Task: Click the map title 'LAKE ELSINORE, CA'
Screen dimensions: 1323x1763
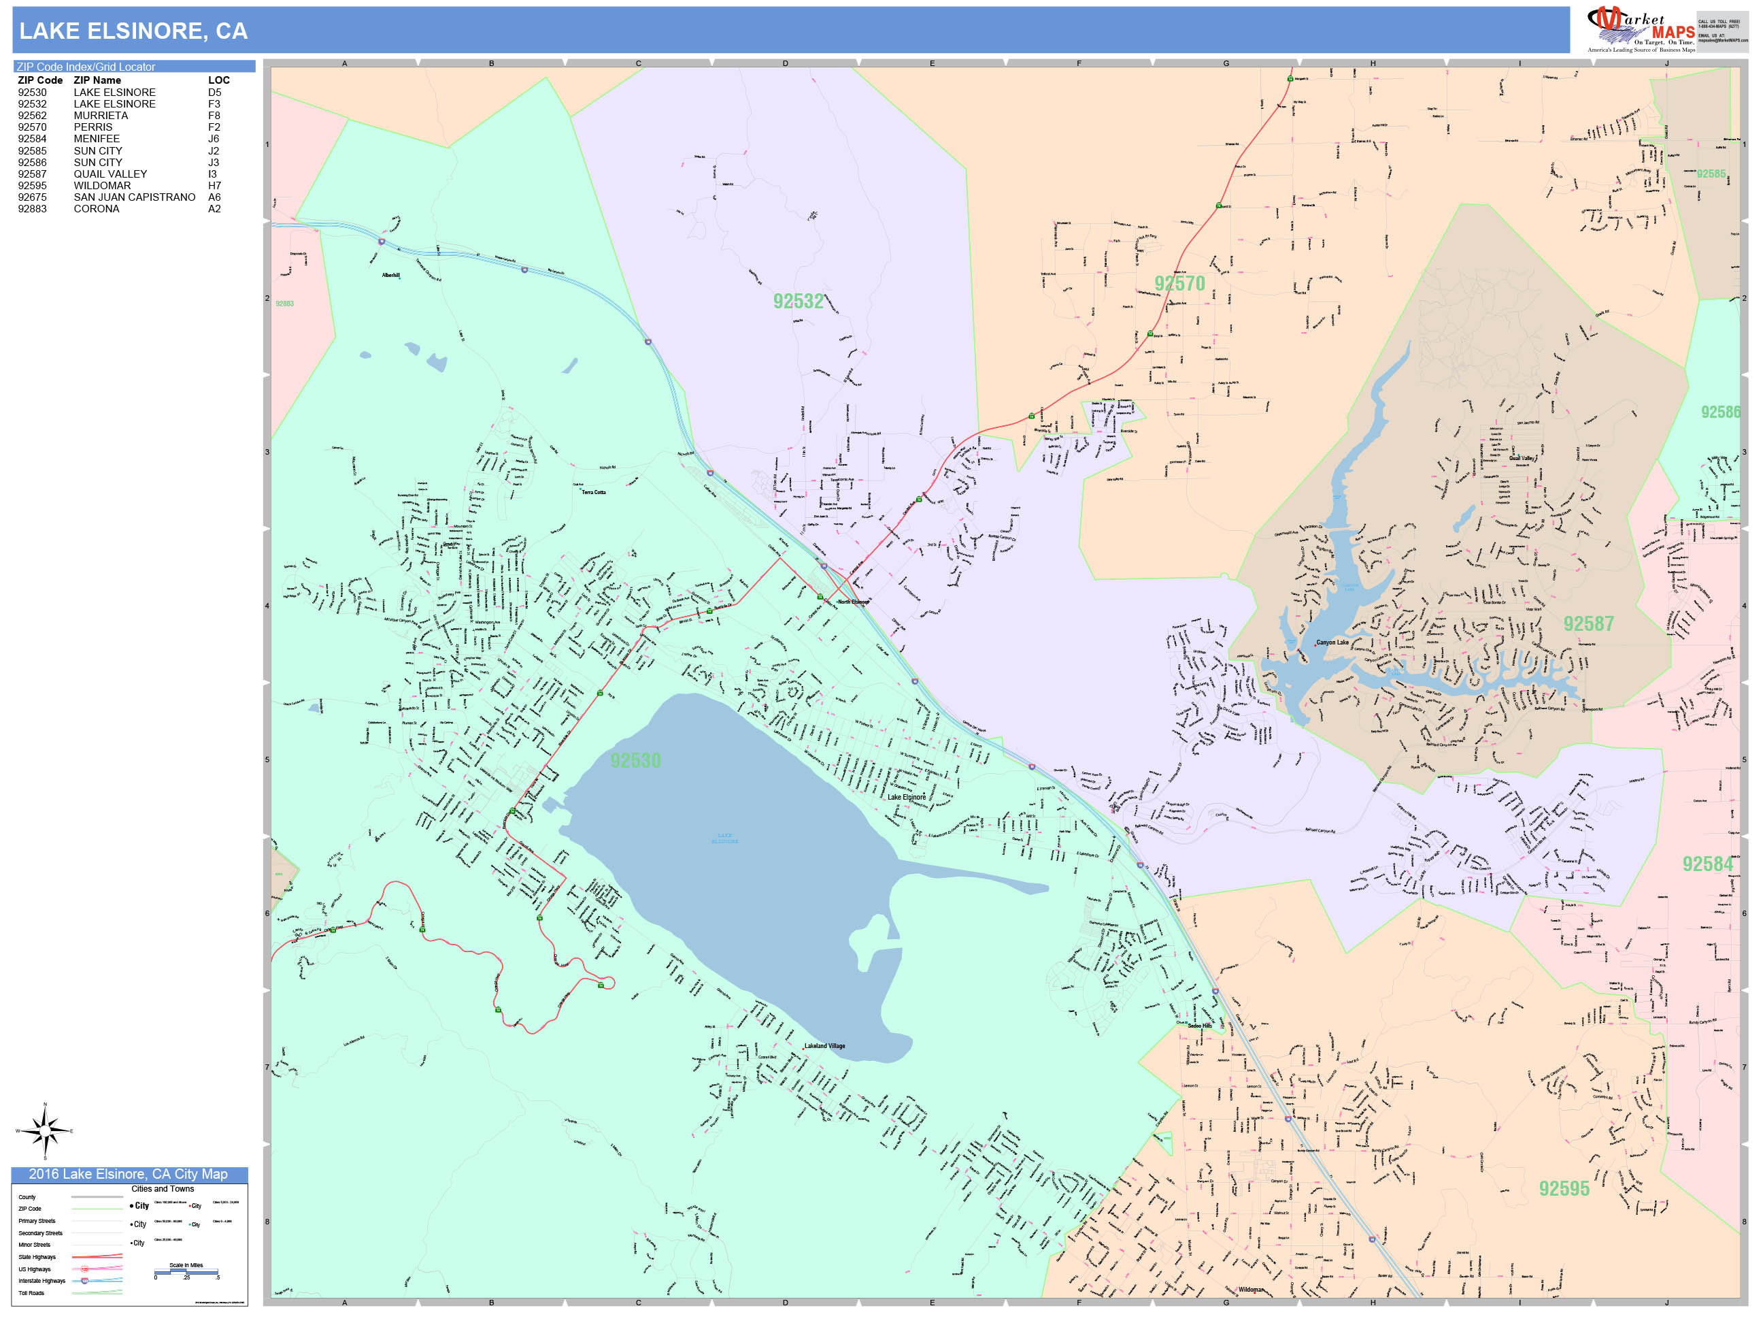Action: click(133, 31)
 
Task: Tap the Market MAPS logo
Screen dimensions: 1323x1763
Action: click(1641, 29)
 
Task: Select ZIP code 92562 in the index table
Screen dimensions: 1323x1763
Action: click(32, 116)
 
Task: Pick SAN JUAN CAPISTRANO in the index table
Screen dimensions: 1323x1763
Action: click(134, 197)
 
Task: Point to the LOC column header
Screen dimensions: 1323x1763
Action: click(218, 80)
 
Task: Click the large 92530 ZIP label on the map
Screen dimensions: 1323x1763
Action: click(635, 761)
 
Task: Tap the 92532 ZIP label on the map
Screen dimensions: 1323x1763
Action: click(798, 301)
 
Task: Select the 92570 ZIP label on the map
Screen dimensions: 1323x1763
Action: click(1179, 284)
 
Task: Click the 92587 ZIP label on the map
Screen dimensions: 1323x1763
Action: click(1588, 623)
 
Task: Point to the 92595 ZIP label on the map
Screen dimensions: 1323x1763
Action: click(1564, 1189)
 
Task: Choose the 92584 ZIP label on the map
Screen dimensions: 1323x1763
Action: click(1707, 864)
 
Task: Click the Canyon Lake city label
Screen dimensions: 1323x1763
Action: click(1332, 642)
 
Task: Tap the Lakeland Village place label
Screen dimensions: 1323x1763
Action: click(824, 1046)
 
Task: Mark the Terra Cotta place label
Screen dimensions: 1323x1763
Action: click(594, 492)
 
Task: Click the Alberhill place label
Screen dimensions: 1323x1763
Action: click(390, 275)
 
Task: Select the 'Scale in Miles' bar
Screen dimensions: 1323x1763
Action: click(186, 1272)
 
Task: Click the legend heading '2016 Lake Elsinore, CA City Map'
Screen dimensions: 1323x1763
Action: click(129, 1175)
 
